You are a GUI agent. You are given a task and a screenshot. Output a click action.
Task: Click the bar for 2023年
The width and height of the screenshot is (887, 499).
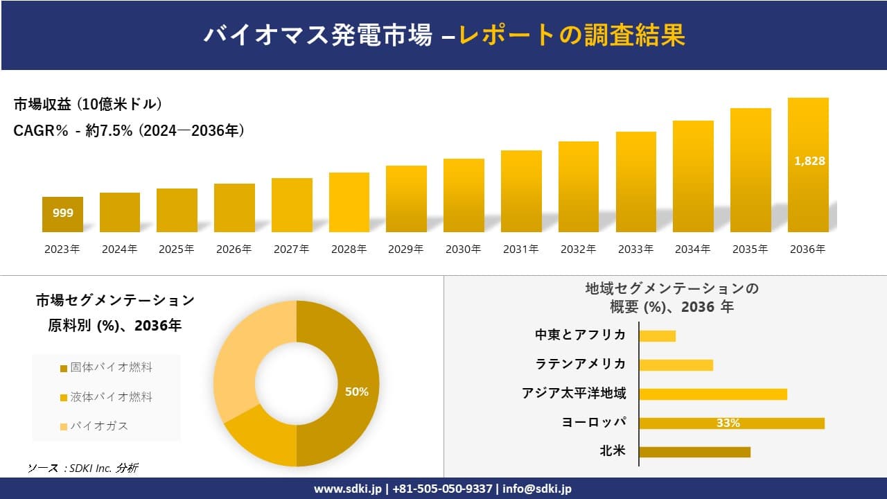(62, 215)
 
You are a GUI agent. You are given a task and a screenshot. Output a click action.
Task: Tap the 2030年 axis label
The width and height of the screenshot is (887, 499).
(463, 249)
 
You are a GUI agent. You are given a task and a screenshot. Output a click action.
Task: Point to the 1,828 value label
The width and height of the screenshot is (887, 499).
(809, 161)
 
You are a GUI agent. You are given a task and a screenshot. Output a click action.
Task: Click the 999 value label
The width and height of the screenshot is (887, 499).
(62, 213)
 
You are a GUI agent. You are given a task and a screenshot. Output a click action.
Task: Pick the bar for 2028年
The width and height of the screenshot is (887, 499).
(349, 202)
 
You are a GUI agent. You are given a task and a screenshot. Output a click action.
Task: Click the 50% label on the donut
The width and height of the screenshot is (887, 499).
(356, 392)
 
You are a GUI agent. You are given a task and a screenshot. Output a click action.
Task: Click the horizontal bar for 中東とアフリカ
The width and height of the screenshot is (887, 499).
(657, 336)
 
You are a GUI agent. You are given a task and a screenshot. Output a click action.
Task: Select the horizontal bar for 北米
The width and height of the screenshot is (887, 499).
(694, 452)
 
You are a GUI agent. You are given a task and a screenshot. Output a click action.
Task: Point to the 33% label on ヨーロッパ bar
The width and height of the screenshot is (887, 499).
(728, 423)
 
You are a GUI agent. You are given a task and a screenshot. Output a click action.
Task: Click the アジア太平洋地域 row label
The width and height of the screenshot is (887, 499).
(574, 394)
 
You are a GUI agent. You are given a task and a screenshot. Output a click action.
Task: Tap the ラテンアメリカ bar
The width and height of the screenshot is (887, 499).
(676, 365)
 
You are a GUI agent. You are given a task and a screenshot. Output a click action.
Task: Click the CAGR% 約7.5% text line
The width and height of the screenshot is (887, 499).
(129, 131)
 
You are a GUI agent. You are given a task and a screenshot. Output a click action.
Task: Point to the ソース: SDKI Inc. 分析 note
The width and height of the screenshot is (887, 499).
(83, 469)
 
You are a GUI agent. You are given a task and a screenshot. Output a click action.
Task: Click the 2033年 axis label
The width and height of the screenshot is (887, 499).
(635, 249)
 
